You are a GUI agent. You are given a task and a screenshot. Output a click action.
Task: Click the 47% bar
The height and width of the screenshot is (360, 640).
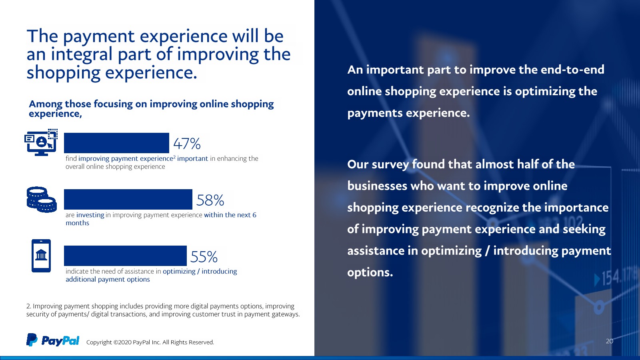pyautogui.click(x=116, y=143)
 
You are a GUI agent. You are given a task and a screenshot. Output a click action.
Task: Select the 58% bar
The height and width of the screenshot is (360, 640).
pyautogui.click(x=128, y=199)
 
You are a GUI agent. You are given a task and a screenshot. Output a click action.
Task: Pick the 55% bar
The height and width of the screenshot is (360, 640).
pyautogui.click(x=126, y=256)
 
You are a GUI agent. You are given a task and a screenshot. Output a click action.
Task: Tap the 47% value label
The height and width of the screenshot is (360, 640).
pyautogui.click(x=187, y=144)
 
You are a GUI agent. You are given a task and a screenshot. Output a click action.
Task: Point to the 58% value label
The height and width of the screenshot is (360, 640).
pyautogui.click(x=210, y=200)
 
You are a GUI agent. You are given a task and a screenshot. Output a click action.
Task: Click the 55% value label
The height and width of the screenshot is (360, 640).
pyautogui.click(x=204, y=256)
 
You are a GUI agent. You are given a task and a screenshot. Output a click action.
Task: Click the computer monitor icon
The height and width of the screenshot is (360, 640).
pyautogui.click(x=41, y=142)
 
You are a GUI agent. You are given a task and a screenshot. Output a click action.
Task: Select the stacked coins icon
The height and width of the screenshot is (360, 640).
pyautogui.click(x=42, y=200)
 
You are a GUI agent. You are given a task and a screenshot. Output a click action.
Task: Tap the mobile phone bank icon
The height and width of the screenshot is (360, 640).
pyautogui.click(x=41, y=256)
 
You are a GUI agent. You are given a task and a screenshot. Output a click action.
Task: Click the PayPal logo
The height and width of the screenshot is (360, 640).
pyautogui.click(x=53, y=340)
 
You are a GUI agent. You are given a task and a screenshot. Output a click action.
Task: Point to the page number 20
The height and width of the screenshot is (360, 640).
pyautogui.click(x=610, y=341)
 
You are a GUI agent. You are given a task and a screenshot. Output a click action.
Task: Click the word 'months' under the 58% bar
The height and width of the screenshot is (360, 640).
pyautogui.click(x=78, y=223)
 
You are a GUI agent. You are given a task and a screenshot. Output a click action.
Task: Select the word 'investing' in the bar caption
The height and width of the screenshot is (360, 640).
pyautogui.click(x=90, y=215)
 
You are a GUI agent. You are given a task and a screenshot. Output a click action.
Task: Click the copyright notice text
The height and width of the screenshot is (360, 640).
pyautogui.click(x=150, y=342)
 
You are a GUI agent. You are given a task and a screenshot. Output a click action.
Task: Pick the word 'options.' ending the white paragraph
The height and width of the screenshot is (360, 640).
pyautogui.click(x=370, y=273)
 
